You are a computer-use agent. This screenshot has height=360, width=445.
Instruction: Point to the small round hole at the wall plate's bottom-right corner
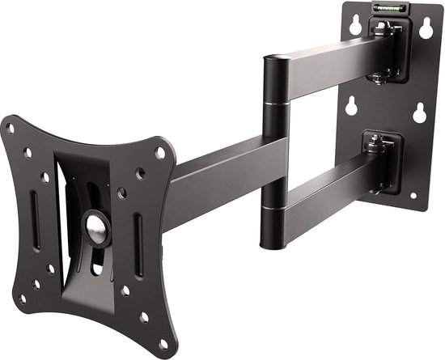click(413, 197)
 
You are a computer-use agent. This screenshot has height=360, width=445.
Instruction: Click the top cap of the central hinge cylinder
click(275, 58)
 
